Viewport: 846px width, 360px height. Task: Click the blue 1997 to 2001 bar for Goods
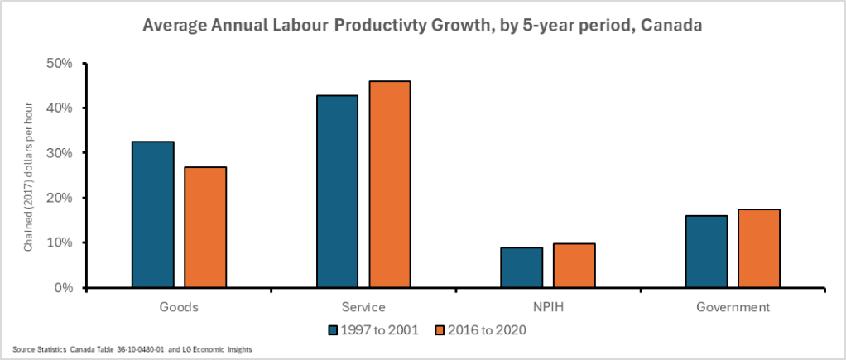click(x=153, y=214)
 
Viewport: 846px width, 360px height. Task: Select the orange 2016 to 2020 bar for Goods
click(x=205, y=227)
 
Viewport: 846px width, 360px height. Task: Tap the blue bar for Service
click(x=337, y=191)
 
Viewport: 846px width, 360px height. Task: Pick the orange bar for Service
click(x=389, y=184)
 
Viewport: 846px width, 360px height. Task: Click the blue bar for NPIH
click(x=522, y=267)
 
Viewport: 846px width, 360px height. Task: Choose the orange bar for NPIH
click(x=574, y=265)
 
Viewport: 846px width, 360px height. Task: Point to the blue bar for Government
click(x=706, y=252)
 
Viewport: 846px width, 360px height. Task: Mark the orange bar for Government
click(x=758, y=248)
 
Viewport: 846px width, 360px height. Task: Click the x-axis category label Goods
click(x=179, y=307)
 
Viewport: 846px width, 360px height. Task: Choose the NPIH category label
click(x=547, y=307)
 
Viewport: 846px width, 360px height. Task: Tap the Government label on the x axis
click(x=732, y=307)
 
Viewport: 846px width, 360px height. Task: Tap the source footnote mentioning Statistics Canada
click(x=132, y=350)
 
